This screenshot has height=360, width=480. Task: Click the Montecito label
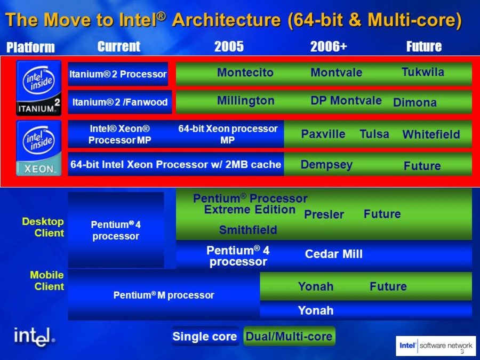[x=245, y=73]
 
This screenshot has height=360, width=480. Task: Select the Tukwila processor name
[x=422, y=72]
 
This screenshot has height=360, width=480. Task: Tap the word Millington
[x=245, y=100]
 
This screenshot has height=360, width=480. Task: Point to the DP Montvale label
[x=346, y=100]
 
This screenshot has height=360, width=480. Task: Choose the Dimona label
[x=414, y=102]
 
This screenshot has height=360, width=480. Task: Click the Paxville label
[x=323, y=134]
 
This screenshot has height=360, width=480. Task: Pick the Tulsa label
[x=374, y=134]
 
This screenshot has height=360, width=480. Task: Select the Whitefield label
[x=430, y=134]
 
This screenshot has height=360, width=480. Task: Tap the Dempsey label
[x=326, y=165]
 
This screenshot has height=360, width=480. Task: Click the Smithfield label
[x=248, y=230]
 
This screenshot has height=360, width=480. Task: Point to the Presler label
[x=324, y=214]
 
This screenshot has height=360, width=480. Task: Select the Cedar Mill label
[x=333, y=254]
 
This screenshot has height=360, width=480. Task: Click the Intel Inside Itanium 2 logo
[x=38, y=87]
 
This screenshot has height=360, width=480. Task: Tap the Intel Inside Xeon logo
[x=38, y=148]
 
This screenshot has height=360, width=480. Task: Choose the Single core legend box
[x=204, y=337]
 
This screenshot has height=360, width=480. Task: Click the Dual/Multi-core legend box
[x=289, y=337]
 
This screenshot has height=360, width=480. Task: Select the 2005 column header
[x=229, y=46]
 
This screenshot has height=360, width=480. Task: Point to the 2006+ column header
[x=329, y=46]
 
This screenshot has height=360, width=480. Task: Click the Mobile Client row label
[x=47, y=281]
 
